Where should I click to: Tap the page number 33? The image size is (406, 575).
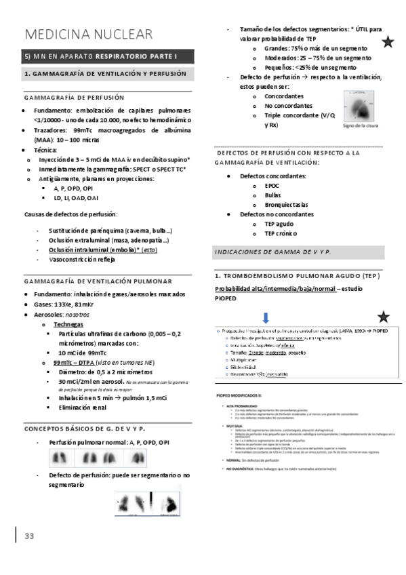pos(29,536)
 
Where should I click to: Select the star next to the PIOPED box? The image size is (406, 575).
pos(384,316)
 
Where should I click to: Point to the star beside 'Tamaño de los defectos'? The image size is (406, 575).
pos(388,43)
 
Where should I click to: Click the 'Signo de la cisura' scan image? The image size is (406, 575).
pos(361,102)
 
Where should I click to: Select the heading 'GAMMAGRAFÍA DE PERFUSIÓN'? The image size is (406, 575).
pos(74,98)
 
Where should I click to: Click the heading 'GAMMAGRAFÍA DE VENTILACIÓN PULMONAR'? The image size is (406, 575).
pos(98,281)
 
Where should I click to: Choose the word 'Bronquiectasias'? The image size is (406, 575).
pos(287,204)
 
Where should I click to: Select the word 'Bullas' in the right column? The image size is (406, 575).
pos(273,195)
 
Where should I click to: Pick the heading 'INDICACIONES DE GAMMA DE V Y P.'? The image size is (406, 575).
pos(272,252)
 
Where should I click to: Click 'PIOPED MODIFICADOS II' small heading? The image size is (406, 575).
pos(238,393)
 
